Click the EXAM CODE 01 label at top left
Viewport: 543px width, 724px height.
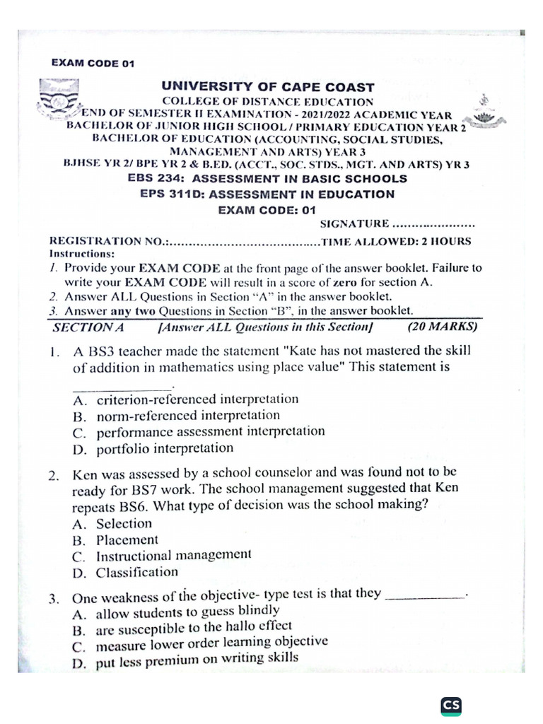(93, 63)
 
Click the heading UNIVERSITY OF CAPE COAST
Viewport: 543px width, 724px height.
(268, 87)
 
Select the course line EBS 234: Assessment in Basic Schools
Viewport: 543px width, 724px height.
(267, 179)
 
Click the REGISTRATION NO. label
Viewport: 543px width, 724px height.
(108, 241)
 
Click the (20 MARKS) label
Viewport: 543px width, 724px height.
(443, 327)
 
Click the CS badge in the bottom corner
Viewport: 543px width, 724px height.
(450, 704)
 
